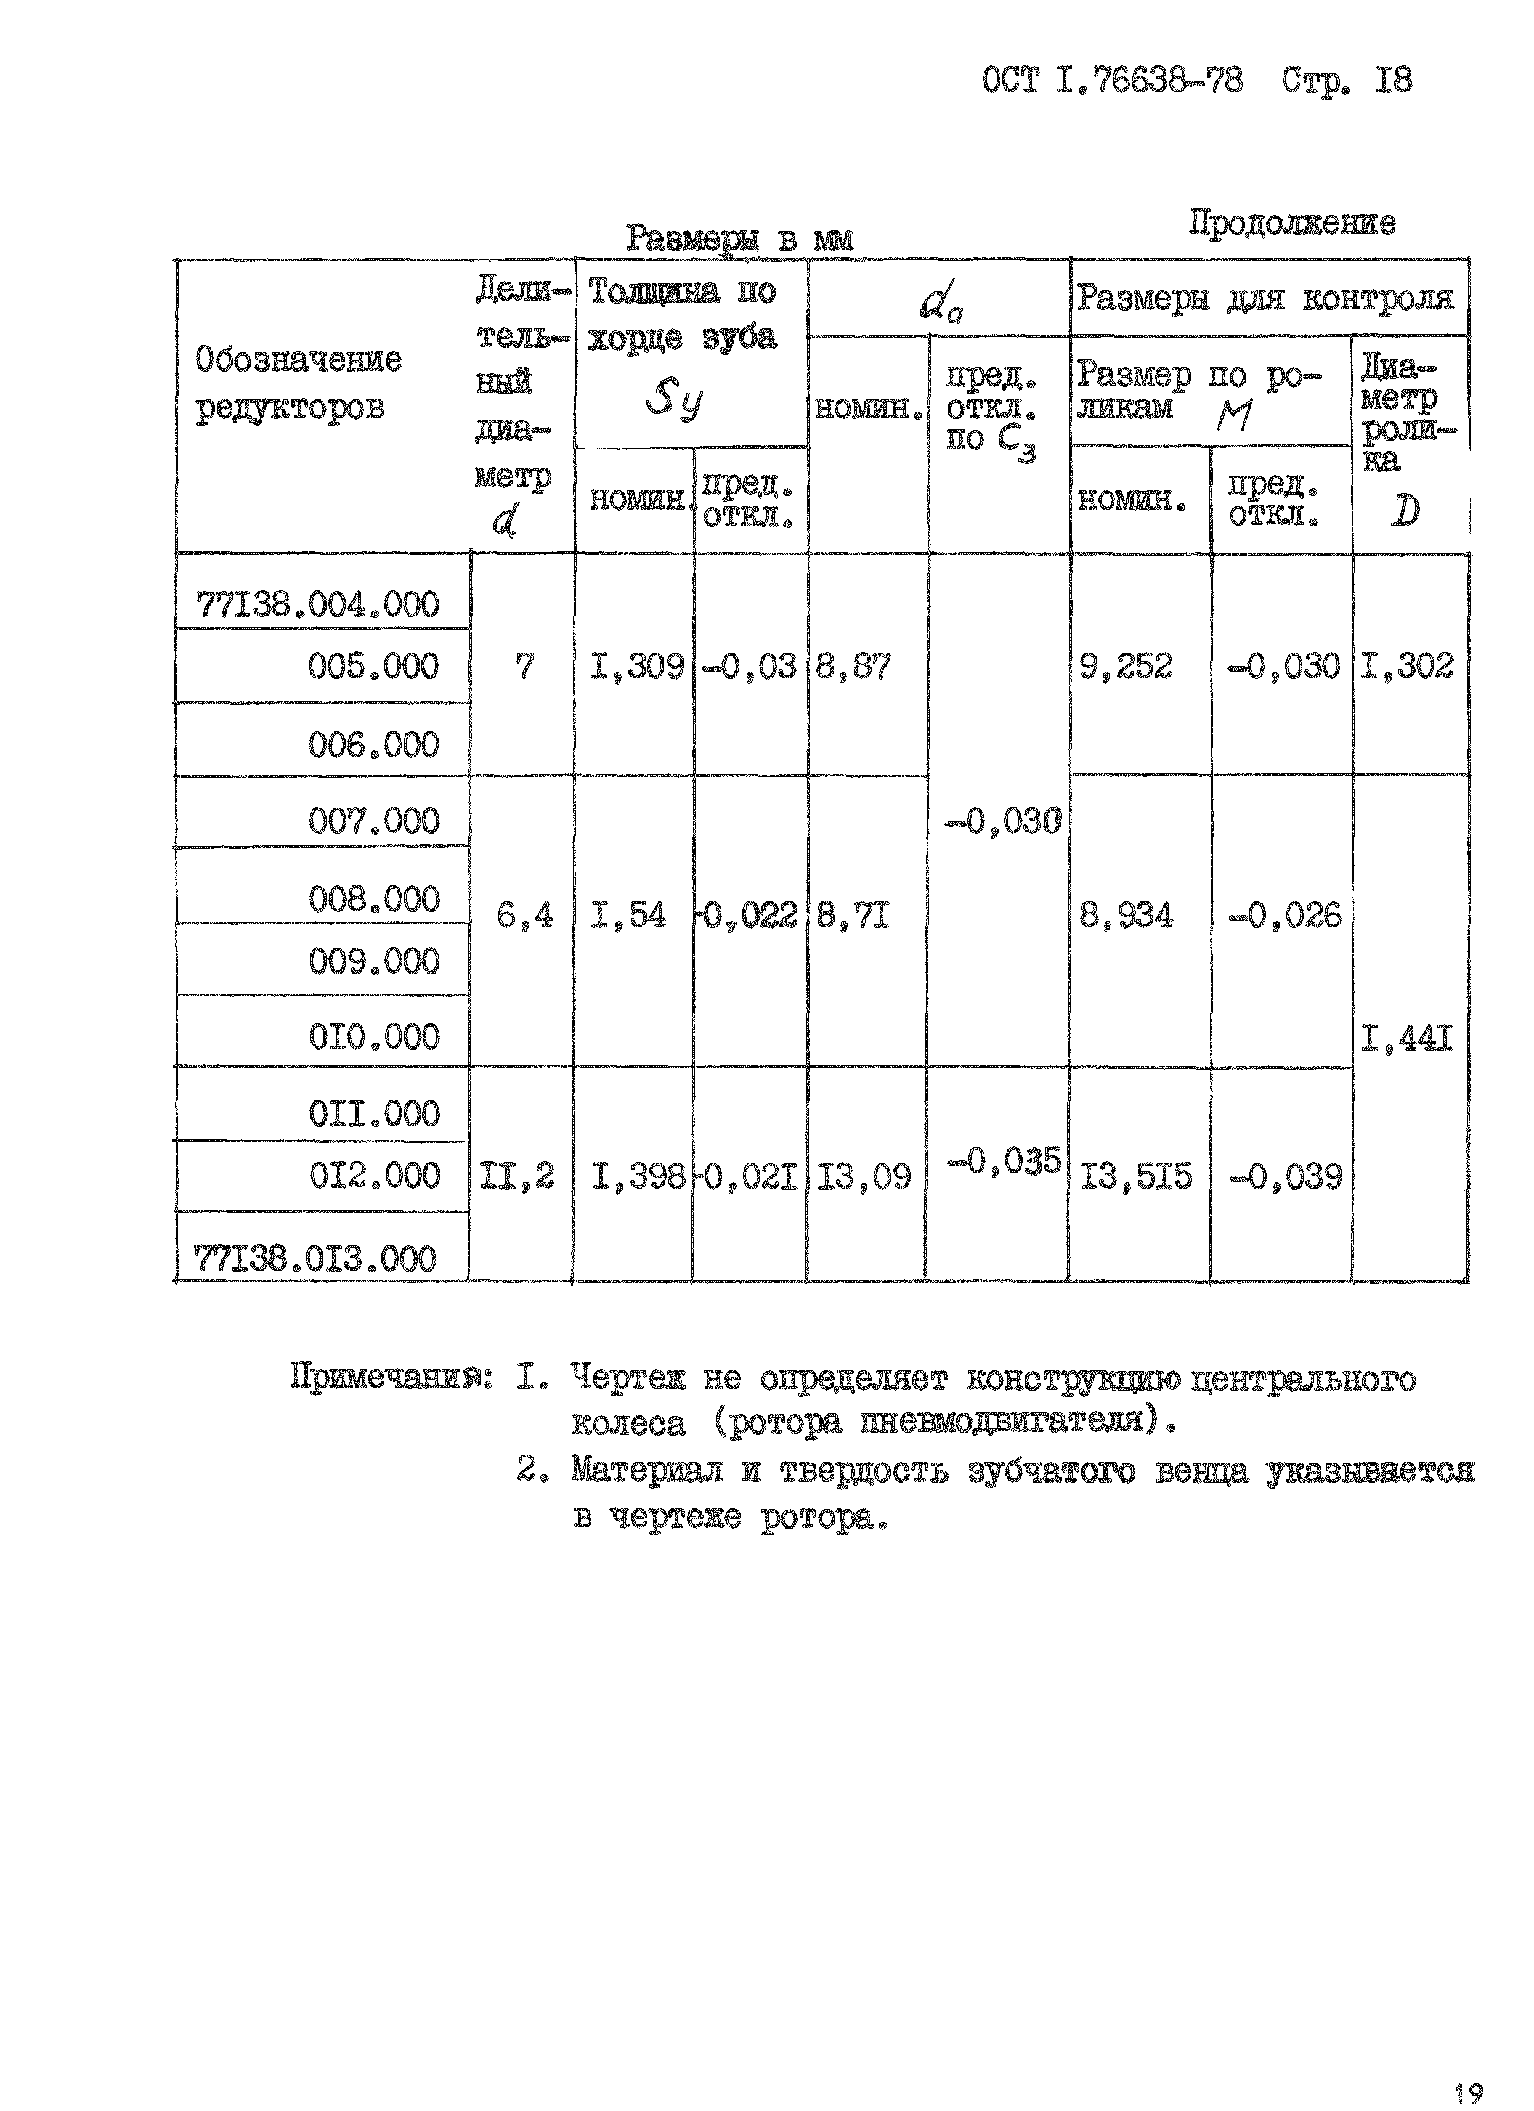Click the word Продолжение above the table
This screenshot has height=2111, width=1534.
point(1292,224)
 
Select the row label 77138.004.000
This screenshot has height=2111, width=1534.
point(317,605)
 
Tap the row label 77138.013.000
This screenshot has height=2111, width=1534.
point(315,1259)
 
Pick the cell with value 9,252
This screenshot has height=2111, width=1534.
point(1126,667)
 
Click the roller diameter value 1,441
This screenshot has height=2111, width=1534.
point(1406,1038)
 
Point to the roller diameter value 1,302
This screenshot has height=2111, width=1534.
point(1406,667)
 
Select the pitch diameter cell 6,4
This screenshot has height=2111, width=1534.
point(524,916)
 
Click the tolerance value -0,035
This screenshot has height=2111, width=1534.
point(1004,1161)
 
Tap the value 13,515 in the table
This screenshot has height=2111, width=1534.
point(1135,1178)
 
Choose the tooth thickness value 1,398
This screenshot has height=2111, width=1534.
point(638,1178)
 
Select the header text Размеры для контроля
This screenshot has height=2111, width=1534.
point(1265,299)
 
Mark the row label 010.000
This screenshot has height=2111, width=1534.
point(373,1037)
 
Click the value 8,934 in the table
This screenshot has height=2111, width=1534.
point(1126,916)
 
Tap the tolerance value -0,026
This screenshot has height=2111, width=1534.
point(1284,916)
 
